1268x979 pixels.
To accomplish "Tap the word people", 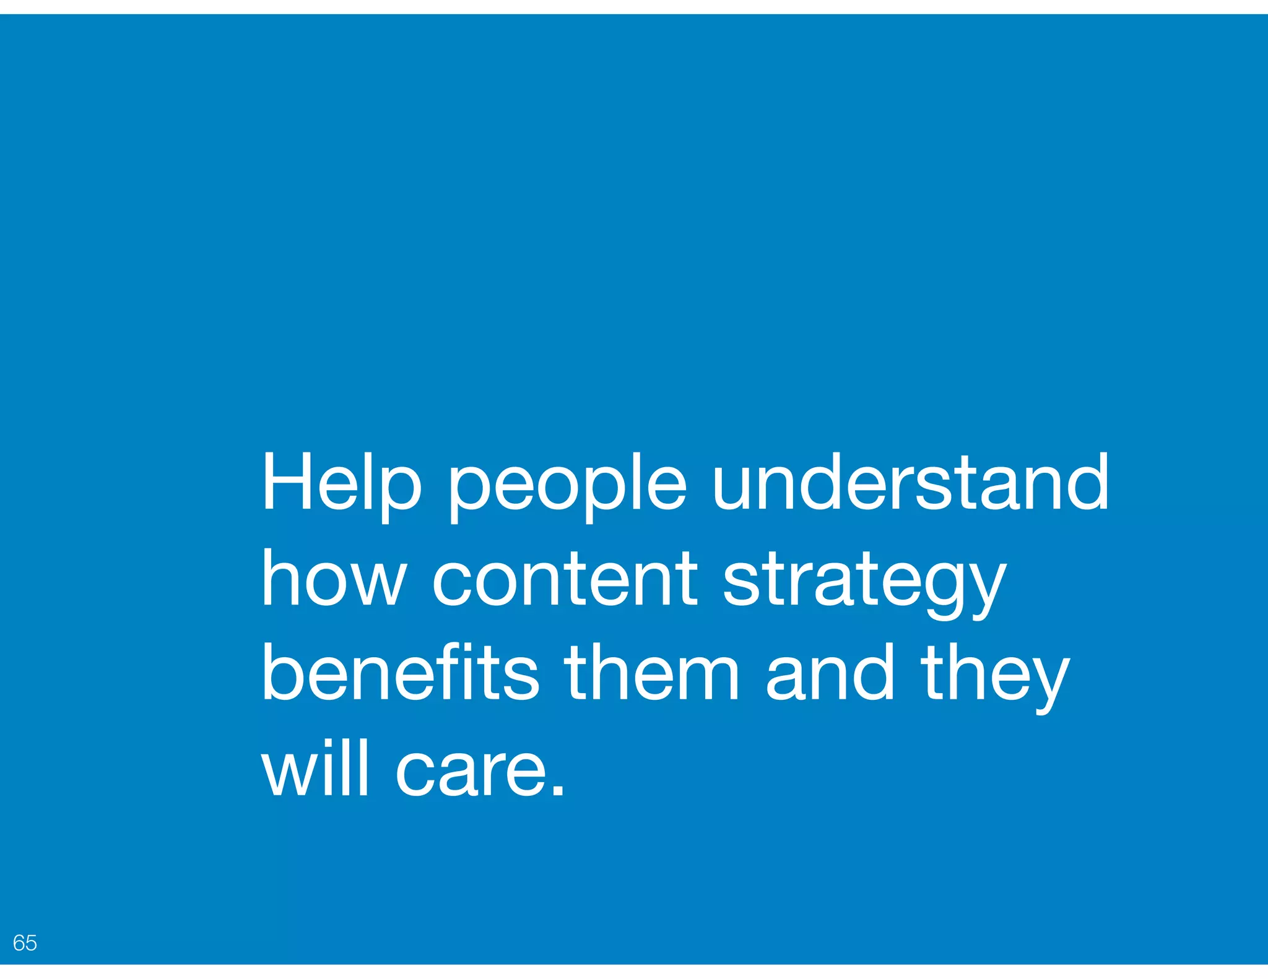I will pyautogui.click(x=567, y=489).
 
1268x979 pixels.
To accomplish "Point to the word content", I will pyautogui.click(x=565, y=580).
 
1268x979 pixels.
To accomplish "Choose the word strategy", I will pyautogui.click(x=864, y=585).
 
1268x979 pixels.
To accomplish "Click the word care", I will pyautogui.click(x=471, y=774).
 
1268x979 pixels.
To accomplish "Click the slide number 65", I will pyautogui.click(x=25, y=942).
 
